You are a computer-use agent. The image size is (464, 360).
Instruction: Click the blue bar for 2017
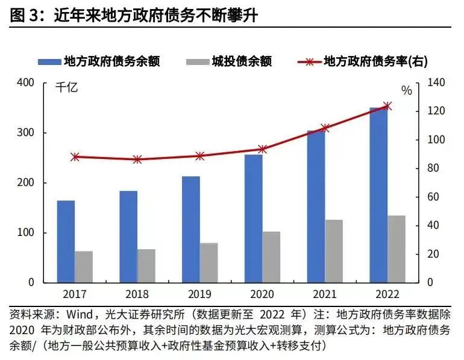(66, 241)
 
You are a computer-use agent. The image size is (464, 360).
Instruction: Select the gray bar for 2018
(146, 265)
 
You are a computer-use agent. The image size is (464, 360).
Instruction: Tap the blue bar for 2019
(191, 229)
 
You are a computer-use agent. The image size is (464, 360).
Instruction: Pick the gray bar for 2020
(271, 256)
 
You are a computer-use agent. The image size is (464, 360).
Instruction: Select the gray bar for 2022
(396, 249)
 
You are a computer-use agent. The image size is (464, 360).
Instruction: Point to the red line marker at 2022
(387, 106)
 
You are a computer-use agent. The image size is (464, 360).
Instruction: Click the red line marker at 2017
(75, 157)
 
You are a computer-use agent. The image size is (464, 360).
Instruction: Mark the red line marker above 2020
(262, 149)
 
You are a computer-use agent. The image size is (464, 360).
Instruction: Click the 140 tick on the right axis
(437, 82)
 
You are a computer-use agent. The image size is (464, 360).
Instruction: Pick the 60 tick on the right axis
(434, 197)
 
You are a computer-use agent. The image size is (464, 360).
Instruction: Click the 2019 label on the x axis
(199, 294)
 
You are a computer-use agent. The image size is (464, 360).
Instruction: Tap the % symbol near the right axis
(407, 91)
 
